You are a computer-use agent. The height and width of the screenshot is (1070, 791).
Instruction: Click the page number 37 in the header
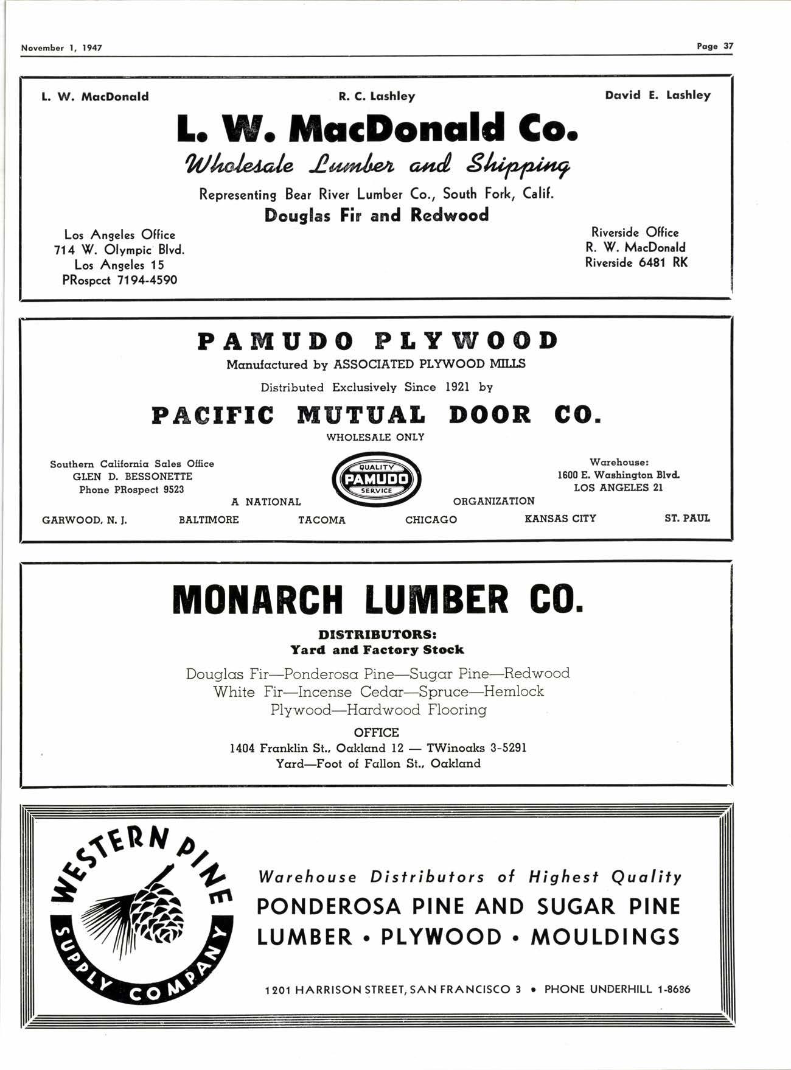coord(728,46)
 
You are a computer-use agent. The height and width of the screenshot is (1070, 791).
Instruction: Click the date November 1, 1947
coord(61,47)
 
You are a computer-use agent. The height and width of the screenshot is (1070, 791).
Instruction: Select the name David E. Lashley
coord(657,95)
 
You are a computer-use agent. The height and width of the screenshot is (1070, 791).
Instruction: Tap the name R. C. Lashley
coord(377,96)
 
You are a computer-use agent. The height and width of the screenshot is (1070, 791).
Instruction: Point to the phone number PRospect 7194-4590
coord(120,280)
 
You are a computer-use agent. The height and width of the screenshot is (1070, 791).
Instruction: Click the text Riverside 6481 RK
coord(636,262)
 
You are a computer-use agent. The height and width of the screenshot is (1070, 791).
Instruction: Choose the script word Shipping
coord(517,165)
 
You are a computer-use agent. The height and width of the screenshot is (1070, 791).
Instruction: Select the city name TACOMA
coord(321,520)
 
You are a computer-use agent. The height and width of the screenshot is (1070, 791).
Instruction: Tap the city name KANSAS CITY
coord(560,519)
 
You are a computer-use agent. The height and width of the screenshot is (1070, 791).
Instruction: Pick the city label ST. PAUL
coord(687,518)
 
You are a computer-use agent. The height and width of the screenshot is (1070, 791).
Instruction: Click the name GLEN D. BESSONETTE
coord(132,477)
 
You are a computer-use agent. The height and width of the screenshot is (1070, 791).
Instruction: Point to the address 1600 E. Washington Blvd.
coord(618,475)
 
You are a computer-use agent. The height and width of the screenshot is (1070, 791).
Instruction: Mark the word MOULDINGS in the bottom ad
coord(605,937)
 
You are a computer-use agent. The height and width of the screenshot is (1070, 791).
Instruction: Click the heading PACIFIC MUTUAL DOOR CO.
coord(376,415)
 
